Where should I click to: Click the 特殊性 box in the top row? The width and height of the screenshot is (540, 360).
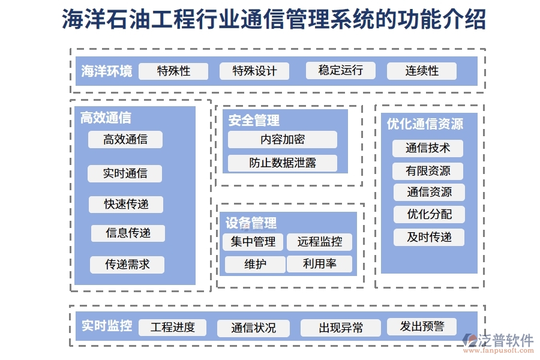173,71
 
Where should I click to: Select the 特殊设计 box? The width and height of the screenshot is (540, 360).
254,71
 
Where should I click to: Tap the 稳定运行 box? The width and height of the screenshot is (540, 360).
340,70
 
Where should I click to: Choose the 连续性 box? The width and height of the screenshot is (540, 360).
422,71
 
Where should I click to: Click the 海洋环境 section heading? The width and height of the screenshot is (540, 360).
107,71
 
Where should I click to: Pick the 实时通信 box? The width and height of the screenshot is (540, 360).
125,173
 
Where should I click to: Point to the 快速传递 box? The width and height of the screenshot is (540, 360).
126,204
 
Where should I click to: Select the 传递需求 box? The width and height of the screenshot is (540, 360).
127,265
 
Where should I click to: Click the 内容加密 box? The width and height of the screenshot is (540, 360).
282,140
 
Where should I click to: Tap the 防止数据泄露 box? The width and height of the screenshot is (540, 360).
282,163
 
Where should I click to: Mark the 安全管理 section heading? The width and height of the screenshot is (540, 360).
254,121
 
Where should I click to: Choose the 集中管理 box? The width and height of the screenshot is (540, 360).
253,242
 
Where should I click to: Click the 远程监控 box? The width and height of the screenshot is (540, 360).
319,242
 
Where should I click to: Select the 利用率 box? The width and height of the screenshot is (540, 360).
319,264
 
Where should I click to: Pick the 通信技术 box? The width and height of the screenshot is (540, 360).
427,148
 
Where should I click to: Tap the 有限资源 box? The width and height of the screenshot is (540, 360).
427,171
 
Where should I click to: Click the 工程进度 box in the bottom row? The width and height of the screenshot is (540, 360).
172,328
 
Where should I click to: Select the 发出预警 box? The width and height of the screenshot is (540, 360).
422,326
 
